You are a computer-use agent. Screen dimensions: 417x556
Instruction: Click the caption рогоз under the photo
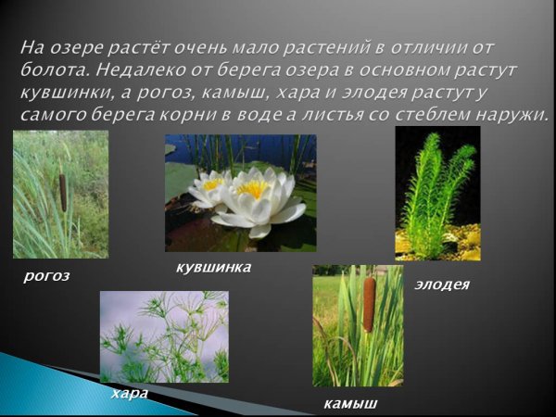[47, 275]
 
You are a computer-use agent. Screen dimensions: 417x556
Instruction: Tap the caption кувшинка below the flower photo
[213, 267]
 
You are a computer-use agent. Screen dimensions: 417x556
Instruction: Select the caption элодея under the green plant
[442, 284]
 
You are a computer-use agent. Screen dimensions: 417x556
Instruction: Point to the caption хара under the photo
[129, 393]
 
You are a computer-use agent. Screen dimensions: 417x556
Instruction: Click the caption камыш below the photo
[350, 403]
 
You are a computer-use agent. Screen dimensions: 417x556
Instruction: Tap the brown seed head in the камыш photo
[369, 304]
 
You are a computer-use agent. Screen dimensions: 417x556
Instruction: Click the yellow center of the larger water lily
[252, 189]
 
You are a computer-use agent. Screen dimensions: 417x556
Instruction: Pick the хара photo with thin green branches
[163, 336]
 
